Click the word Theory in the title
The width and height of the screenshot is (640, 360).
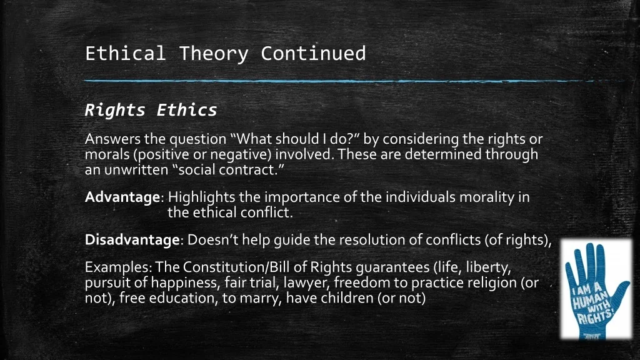214,54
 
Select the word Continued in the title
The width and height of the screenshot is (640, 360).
313,54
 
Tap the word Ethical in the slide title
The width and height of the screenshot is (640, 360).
125,54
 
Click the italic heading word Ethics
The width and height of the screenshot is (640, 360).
186,110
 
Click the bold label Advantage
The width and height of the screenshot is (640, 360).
122,197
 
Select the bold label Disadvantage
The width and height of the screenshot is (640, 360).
132,240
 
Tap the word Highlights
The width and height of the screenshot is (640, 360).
202,197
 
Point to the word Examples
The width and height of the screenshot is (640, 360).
117,267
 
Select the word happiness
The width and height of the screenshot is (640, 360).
185,283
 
